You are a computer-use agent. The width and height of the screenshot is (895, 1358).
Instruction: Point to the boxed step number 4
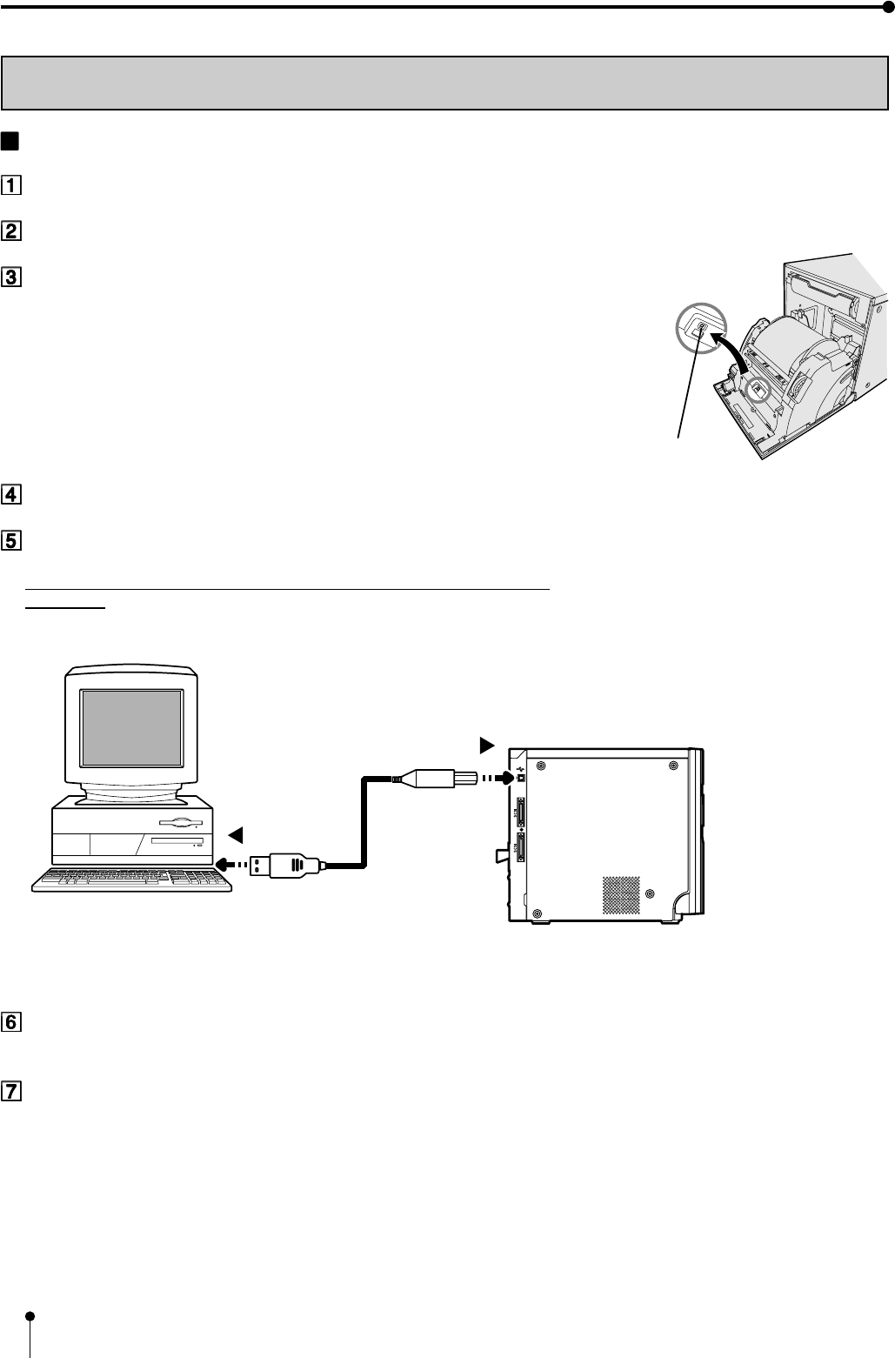10,495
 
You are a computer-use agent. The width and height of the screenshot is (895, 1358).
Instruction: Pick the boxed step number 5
10,540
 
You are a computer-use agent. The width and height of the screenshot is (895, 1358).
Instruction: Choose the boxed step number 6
10,1021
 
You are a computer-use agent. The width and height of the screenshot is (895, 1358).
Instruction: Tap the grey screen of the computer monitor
131,736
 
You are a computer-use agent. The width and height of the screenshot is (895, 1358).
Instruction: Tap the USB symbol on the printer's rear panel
519,768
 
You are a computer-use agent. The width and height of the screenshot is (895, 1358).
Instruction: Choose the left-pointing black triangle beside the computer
234,834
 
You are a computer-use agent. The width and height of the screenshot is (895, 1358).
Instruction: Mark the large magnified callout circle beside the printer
699,328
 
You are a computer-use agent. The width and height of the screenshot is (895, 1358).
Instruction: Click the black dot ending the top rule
887,7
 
